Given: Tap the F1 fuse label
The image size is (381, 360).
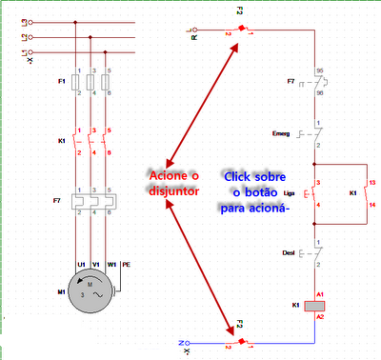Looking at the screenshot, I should coord(61,82).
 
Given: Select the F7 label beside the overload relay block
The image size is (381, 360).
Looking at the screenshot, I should coord(59,201).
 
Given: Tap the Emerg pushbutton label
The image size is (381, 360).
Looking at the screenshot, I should coord(281,132).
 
